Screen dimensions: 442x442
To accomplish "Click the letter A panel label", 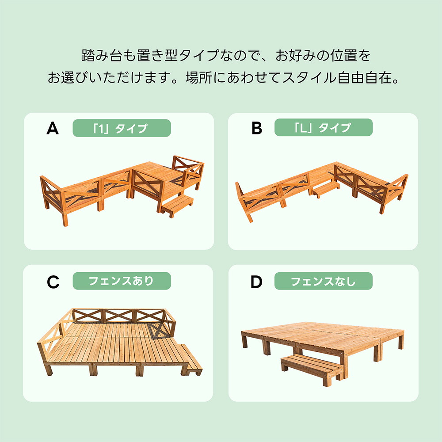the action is point(53,128).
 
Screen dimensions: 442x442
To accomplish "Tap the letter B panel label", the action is point(256,128).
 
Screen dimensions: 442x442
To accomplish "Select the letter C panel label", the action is point(53,282).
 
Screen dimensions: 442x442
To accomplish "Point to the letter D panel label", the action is point(256,282).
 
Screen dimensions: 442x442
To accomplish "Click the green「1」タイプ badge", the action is point(122,128).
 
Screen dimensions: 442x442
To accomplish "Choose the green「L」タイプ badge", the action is point(324,127).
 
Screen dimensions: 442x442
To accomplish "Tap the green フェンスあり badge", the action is point(122,281).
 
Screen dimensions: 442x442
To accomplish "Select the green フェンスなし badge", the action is point(324,281).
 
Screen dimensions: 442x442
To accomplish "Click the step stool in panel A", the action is point(177,206).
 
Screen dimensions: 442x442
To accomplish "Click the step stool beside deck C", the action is point(191,360).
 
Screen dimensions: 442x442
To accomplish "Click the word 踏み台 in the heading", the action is point(102,55).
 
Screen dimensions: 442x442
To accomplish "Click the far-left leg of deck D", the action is point(244,339).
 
